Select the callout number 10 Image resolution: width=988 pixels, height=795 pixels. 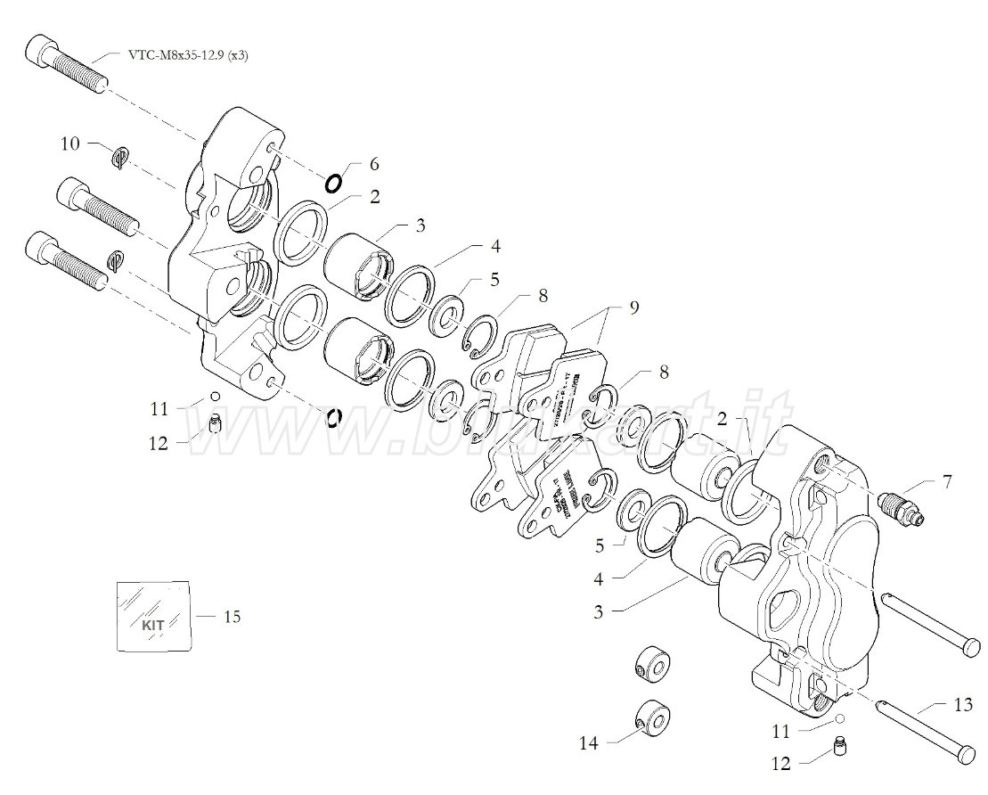70,143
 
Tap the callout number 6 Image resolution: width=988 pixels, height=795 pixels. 373,164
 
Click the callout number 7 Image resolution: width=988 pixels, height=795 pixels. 946,482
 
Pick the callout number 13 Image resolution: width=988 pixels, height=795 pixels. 962,706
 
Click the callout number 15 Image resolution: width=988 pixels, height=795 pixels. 232,616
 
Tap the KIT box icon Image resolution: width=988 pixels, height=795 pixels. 154,617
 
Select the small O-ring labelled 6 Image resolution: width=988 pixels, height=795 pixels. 333,184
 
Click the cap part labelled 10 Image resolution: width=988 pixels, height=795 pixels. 122,157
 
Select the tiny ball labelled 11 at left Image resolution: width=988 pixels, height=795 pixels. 214,397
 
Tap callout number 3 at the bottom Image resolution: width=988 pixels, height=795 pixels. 600,612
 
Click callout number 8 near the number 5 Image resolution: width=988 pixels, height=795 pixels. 542,294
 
